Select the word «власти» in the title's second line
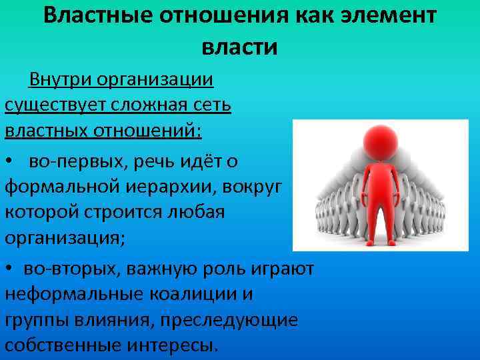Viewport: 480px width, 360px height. [239, 47]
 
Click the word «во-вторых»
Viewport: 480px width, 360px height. [67, 269]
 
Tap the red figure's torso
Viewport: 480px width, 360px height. [377, 187]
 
